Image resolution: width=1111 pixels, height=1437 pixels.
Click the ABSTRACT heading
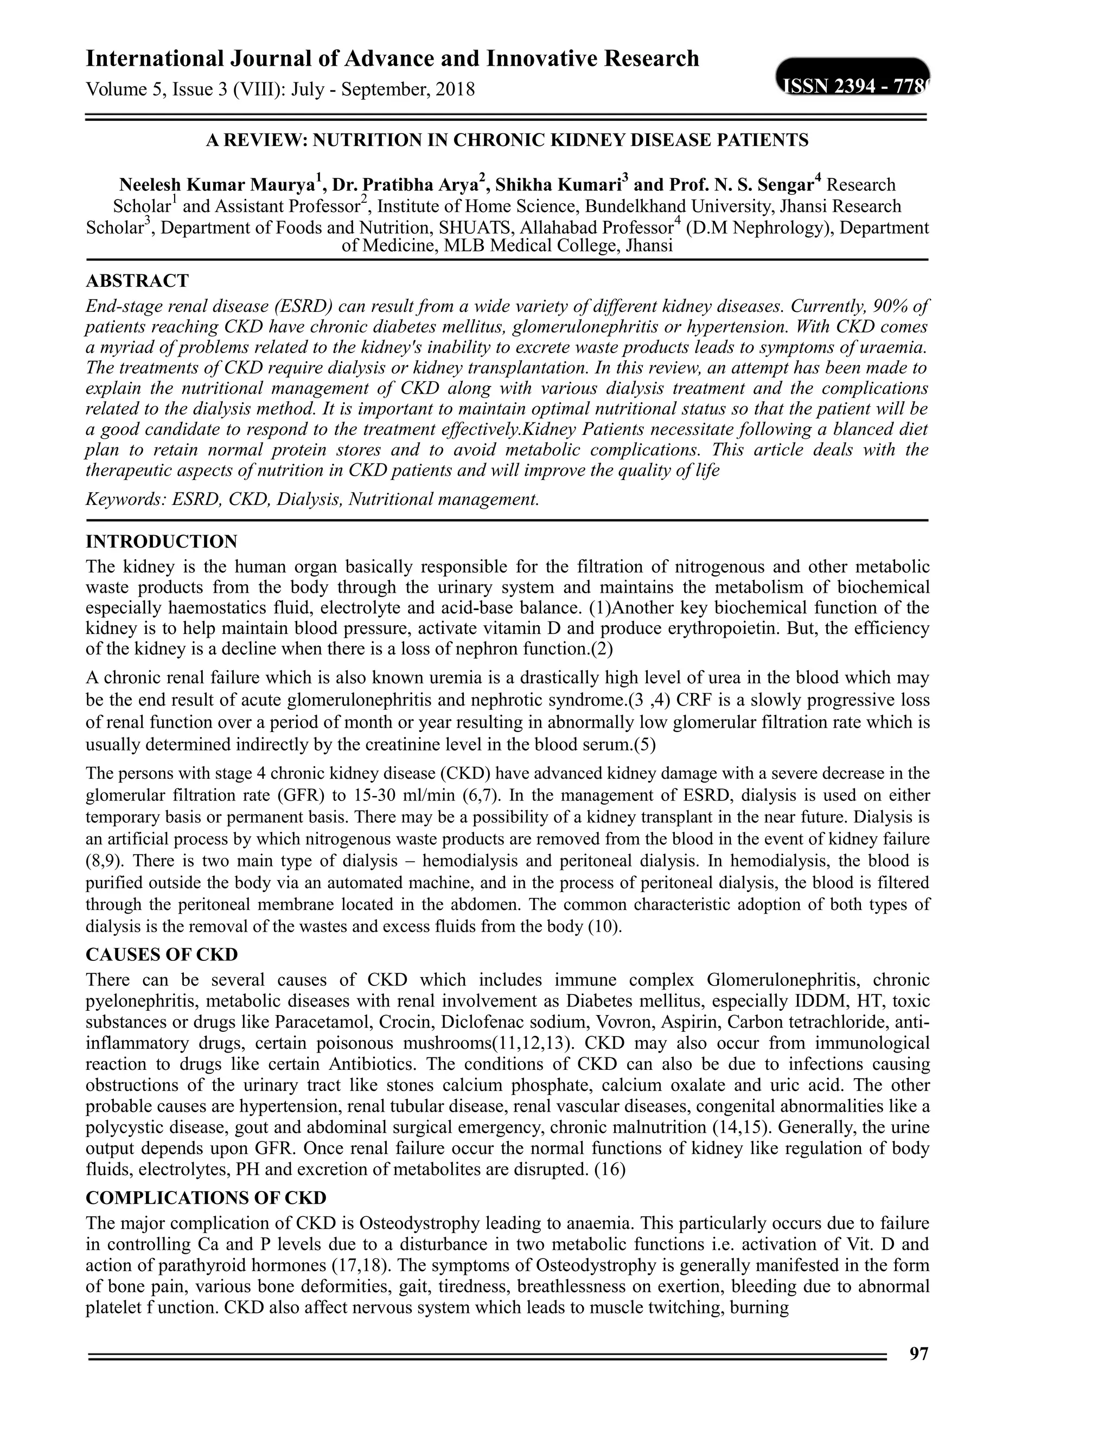137,281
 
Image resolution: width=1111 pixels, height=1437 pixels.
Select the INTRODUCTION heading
161,542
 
